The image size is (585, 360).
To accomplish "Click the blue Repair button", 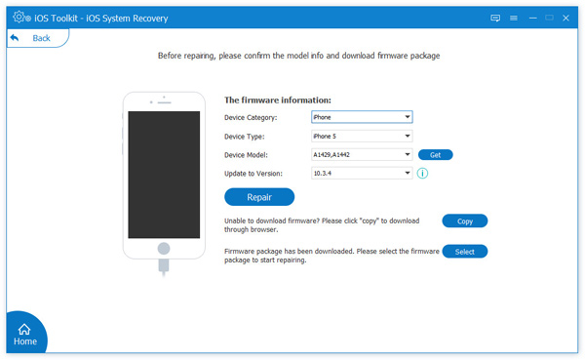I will tap(258, 197).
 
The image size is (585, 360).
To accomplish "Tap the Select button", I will tap(464, 252).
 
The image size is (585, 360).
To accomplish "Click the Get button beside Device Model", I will tap(435, 154).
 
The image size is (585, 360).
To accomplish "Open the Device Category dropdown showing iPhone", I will tap(361, 118).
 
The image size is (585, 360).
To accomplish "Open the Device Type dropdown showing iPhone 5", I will tap(361, 137).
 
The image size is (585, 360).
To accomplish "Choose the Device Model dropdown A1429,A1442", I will tap(361, 154).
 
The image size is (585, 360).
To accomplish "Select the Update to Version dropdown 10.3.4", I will tap(361, 173).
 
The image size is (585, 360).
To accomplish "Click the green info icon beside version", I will tap(423, 173).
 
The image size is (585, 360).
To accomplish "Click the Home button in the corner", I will tap(24, 335).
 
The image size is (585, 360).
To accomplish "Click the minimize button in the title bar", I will tap(532, 17).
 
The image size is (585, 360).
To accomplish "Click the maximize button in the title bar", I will tap(551, 17).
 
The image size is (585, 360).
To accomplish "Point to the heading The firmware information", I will tap(278, 100).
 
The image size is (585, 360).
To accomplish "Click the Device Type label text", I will tap(244, 137).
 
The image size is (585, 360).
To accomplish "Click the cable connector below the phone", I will tap(164, 269).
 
